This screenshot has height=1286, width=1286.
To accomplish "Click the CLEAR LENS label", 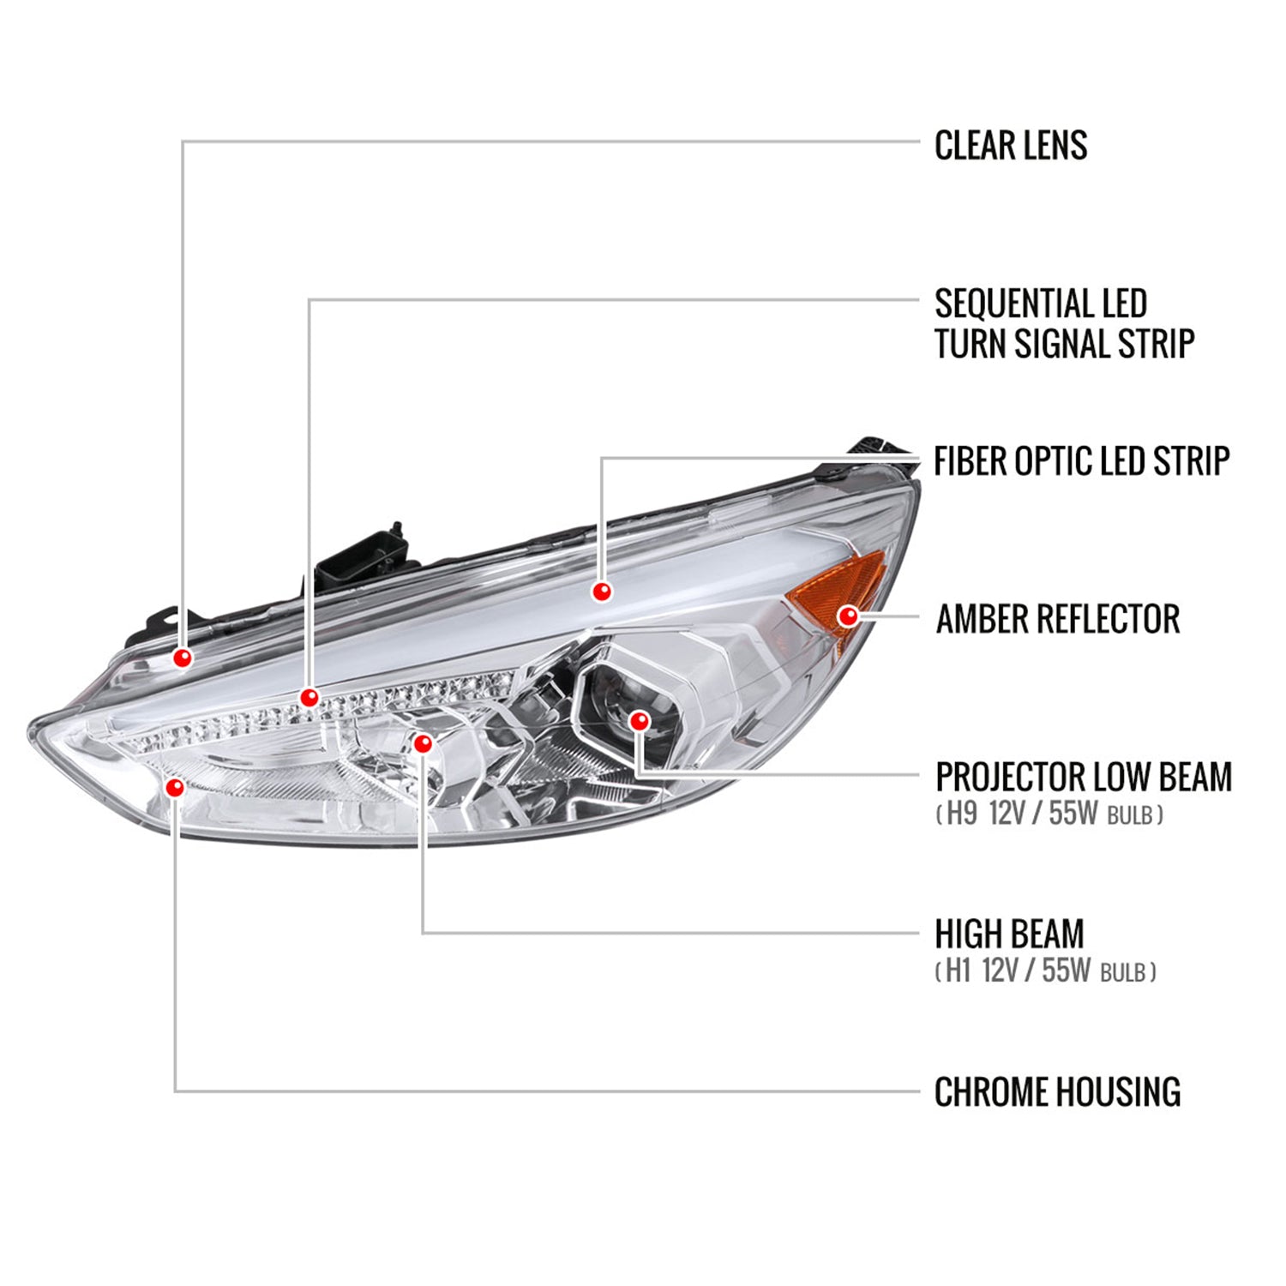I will pos(1010,146).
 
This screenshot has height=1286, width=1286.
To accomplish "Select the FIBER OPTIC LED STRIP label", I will pos(1081,461).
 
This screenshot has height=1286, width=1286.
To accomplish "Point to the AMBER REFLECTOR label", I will pos(1057,619).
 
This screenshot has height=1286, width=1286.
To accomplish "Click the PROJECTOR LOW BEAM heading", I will pos(1083,777).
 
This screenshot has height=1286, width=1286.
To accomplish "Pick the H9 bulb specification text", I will pos(1049,814).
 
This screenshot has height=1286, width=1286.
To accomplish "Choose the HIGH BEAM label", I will pos(1009,934).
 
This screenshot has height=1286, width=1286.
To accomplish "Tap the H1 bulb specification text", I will pos(1045,971).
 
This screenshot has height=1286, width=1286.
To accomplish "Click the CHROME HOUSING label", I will pos(1057,1092).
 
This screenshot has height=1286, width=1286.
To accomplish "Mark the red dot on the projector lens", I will pos(639,721).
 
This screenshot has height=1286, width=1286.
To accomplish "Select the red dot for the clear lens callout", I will pos(182,658).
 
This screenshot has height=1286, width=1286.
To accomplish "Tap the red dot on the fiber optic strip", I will pos(602,591).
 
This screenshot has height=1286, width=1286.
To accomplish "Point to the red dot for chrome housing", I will pos(175,786).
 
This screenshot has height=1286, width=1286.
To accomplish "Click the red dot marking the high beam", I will pos(423,743).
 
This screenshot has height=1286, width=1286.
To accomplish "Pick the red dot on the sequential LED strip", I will pos(309,697).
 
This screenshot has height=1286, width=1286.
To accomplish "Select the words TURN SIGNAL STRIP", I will pos(1063,345).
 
